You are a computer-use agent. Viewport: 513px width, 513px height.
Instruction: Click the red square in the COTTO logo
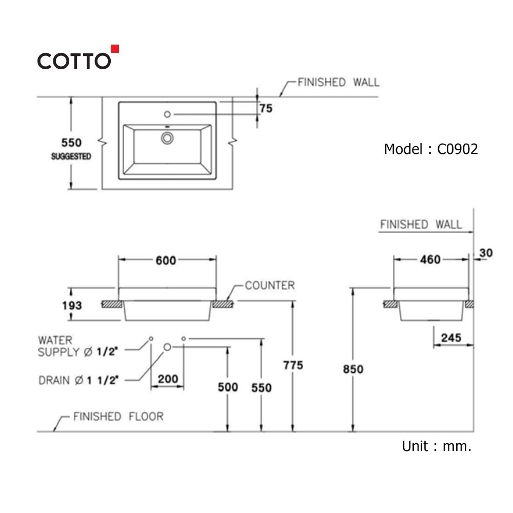115,49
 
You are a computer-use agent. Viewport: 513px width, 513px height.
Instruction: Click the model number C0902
457,149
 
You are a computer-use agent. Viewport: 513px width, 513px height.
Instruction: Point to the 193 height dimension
72,305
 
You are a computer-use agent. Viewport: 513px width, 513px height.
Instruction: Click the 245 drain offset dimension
451,338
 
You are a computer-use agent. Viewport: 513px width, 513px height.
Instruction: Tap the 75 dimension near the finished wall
266,108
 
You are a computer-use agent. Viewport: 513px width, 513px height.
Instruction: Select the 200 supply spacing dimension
168,379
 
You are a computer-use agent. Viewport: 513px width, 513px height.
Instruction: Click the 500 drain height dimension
228,387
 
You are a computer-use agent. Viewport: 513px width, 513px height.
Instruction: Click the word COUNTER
270,285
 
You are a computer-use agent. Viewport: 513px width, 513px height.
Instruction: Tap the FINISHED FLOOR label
118,416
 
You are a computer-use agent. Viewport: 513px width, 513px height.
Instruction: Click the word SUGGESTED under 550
71,156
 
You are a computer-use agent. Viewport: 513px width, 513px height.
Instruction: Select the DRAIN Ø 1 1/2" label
79,380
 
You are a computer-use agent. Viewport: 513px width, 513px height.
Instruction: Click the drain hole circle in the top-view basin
167,137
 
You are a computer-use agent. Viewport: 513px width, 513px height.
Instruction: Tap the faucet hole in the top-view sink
167,113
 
